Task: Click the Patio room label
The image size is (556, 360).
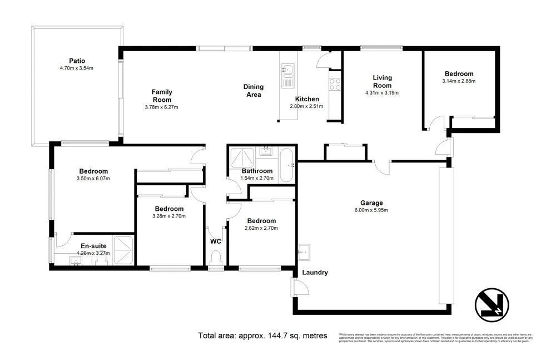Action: tap(77, 61)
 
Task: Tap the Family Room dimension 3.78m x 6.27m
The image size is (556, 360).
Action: tap(162, 107)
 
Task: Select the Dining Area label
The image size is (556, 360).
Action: tap(254, 91)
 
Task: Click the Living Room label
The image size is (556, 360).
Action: tap(382, 82)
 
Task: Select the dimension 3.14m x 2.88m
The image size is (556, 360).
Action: tap(459, 81)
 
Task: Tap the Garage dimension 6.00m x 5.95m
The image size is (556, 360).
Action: tap(371, 210)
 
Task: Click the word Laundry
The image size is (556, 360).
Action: tap(315, 273)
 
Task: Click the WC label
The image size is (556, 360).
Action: tap(216, 241)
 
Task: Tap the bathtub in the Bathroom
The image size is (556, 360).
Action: tap(287, 165)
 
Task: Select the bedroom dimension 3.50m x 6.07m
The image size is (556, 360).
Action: tap(93, 179)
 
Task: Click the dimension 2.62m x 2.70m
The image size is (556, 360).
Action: tap(261, 228)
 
